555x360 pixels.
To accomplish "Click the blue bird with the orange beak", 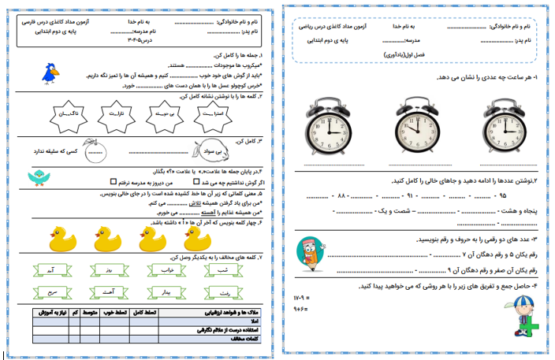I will [x=51, y=73].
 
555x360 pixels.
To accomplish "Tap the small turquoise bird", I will [x=38, y=178].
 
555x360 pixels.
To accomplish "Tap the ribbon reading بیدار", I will [x=167, y=294].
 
